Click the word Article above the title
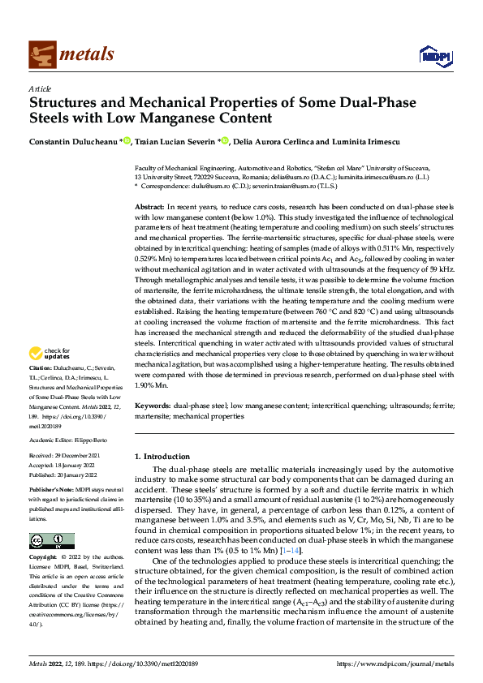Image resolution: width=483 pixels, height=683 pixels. [39, 88]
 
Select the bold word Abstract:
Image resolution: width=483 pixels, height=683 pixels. [149, 208]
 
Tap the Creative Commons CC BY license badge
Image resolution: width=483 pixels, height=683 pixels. [52, 542]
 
